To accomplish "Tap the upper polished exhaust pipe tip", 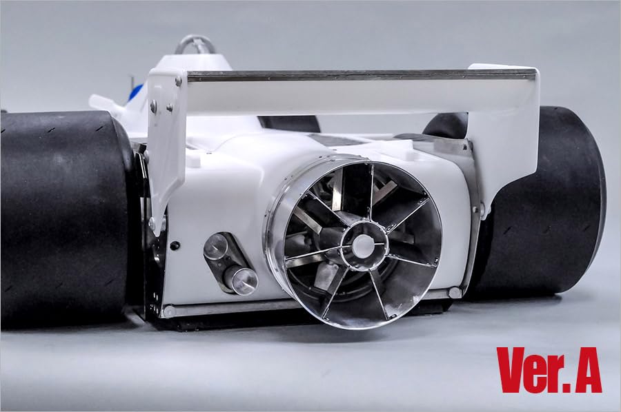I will point(217,246).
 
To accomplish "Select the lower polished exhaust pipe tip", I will point(241,280).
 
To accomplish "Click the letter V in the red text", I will point(514,370).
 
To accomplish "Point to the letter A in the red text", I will point(585,370).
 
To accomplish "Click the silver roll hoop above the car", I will point(195,45).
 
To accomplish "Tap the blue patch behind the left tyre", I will point(135,92).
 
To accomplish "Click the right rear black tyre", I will point(552,200).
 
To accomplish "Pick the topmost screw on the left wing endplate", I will point(178,81).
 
